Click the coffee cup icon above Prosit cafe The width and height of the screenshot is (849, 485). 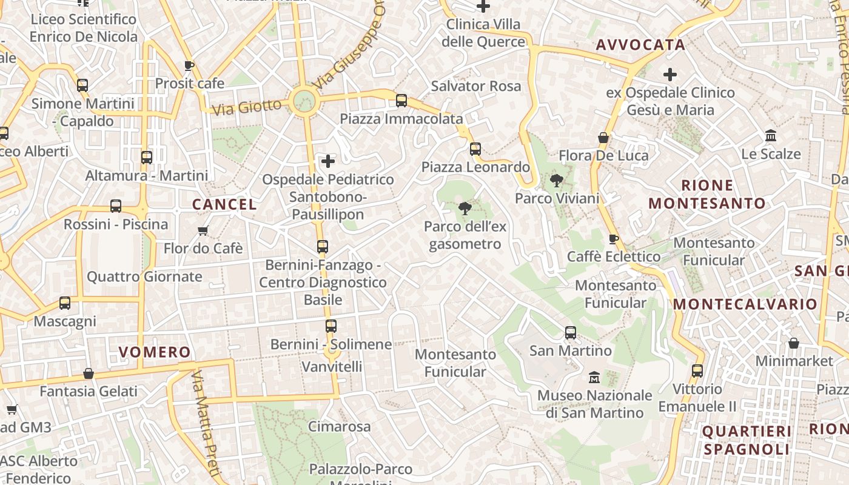pyautogui.click(x=189, y=65)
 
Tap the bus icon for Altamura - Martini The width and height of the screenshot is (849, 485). pyautogui.click(x=146, y=158)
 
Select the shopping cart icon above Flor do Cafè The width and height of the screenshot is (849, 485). pyautogui.click(x=203, y=230)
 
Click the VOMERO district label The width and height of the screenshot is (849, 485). pyautogui.click(x=155, y=352)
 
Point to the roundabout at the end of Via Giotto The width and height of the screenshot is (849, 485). pyautogui.click(x=304, y=102)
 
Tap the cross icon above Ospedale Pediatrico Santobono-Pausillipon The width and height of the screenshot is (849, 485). pyautogui.click(x=328, y=161)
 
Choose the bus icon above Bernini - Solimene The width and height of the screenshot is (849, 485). pyautogui.click(x=331, y=326)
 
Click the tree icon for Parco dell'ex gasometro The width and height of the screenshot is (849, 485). pyautogui.click(x=465, y=209)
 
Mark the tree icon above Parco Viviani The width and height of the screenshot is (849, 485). pyautogui.click(x=556, y=180)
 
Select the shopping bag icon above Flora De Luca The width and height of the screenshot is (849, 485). pyautogui.click(x=603, y=138)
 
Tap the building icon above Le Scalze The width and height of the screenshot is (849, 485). pyautogui.click(x=771, y=135)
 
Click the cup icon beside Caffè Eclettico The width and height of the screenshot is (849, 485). pyautogui.click(x=613, y=239)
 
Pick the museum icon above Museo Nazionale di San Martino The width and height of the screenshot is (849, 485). pyautogui.click(x=594, y=377)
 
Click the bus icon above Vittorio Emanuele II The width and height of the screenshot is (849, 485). pyautogui.click(x=697, y=370)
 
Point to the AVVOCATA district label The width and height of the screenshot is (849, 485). pyautogui.click(x=640, y=45)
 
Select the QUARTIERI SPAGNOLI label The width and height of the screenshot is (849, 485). pyautogui.click(x=747, y=440)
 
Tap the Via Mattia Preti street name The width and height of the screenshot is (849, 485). pyautogui.click(x=204, y=424)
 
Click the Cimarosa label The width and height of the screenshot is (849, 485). pyautogui.click(x=339, y=427)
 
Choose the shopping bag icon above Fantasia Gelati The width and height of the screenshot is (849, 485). pyautogui.click(x=89, y=373)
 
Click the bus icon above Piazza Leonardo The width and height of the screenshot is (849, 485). pyautogui.click(x=475, y=149)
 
